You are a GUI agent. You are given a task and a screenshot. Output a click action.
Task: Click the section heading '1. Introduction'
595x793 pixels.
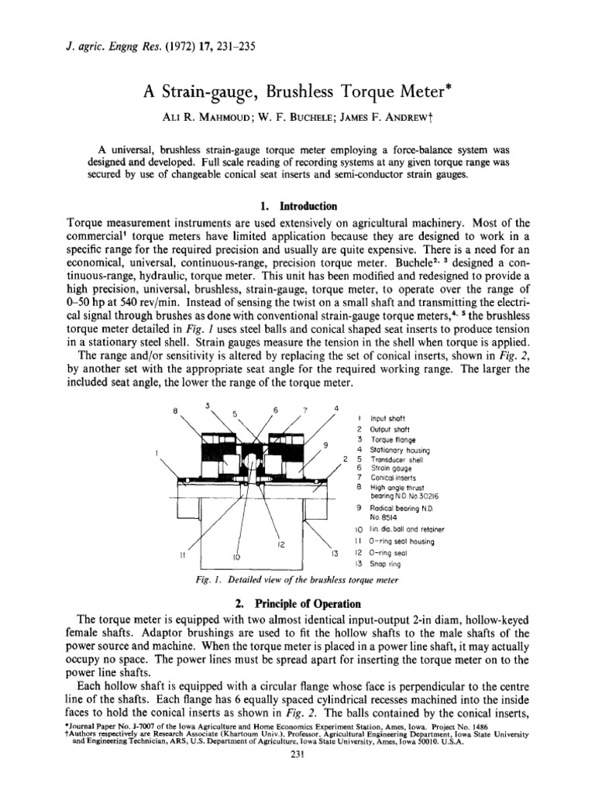click(x=297, y=207)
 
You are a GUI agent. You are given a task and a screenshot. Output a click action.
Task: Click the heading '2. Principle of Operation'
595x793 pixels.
click(x=297, y=603)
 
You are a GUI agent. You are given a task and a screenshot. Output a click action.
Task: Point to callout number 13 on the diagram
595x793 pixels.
click(x=335, y=554)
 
